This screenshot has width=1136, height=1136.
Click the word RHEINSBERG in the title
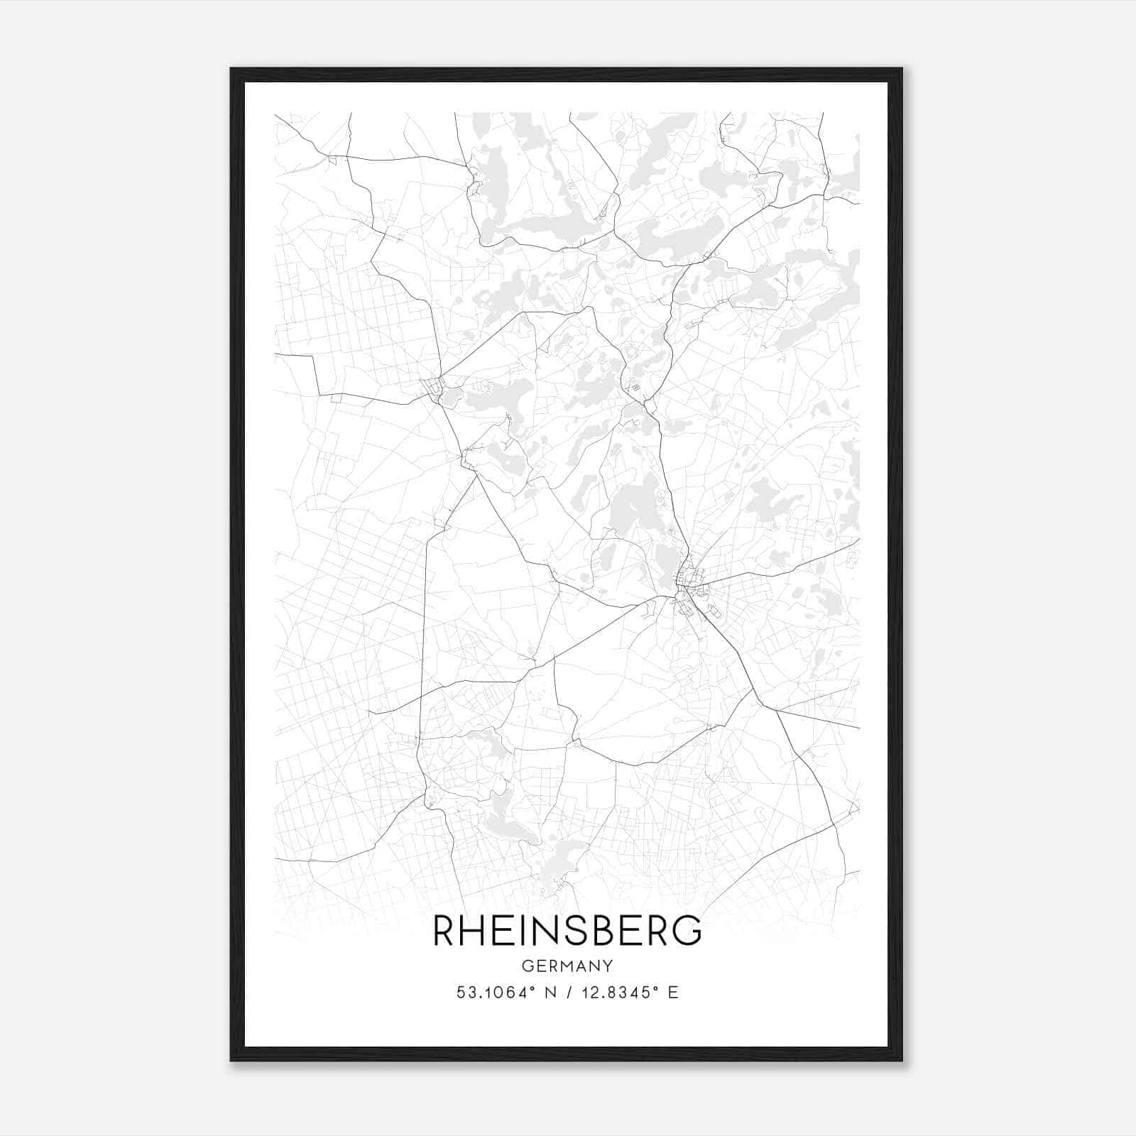(567, 931)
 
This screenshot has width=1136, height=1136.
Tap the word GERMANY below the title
(567, 966)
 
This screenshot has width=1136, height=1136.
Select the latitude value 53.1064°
(495, 993)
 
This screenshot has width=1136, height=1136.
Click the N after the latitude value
(550, 993)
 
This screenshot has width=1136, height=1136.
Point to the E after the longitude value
(673, 993)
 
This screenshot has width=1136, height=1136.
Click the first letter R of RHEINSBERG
(444, 931)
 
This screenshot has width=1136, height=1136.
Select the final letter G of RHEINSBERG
(687, 931)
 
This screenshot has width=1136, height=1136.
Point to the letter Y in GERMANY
(607, 966)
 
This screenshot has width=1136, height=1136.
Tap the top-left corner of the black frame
(231, 69)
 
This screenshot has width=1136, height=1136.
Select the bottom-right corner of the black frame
(902, 1061)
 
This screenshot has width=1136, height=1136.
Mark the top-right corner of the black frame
(902, 69)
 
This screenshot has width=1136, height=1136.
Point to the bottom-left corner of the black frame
(231, 1061)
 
